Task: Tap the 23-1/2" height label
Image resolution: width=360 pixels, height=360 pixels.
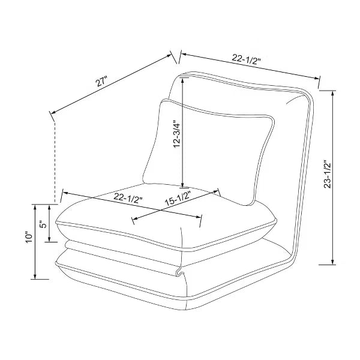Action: [328, 174]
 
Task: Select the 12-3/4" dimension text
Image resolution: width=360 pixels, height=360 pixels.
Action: [177, 134]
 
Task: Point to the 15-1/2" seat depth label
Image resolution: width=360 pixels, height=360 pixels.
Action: [178, 199]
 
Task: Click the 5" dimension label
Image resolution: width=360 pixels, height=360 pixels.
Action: [43, 224]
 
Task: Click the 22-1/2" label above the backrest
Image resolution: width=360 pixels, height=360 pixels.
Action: [246, 59]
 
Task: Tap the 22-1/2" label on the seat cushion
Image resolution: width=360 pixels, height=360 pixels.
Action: [128, 198]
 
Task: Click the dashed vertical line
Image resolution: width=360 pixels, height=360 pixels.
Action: [55, 162]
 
